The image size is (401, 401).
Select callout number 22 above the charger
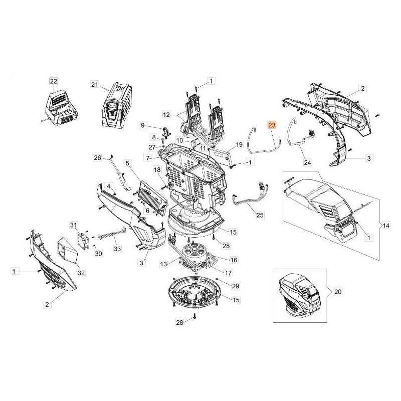tap(54, 81)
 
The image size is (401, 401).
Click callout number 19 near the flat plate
tap(239, 144)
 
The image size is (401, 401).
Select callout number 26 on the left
tap(98, 158)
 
